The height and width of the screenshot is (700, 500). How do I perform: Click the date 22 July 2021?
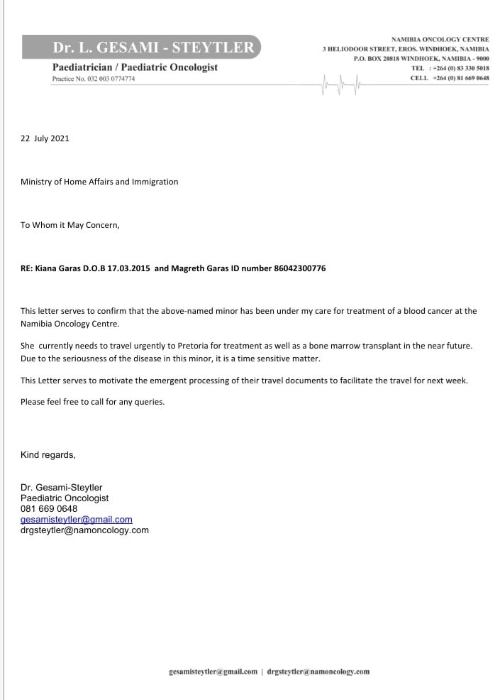pos(45,138)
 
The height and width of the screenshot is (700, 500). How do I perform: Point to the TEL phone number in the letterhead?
pos(459,68)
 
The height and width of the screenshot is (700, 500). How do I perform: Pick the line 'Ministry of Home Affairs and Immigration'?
pos(99,182)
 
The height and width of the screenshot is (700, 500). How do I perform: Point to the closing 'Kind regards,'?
pos(48,454)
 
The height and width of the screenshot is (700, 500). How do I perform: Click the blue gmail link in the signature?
pos(77,520)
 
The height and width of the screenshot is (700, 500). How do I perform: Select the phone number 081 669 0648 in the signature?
pos(49,509)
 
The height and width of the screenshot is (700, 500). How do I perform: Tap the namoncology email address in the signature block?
pos(84,530)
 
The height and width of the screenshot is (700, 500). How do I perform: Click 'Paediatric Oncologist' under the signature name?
pos(65,498)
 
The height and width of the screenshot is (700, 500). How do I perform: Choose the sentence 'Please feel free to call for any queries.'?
pos(92,402)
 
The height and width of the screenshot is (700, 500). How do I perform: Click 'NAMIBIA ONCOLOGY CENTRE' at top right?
pos(440,38)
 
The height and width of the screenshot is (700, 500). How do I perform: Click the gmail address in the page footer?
pos(213,671)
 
